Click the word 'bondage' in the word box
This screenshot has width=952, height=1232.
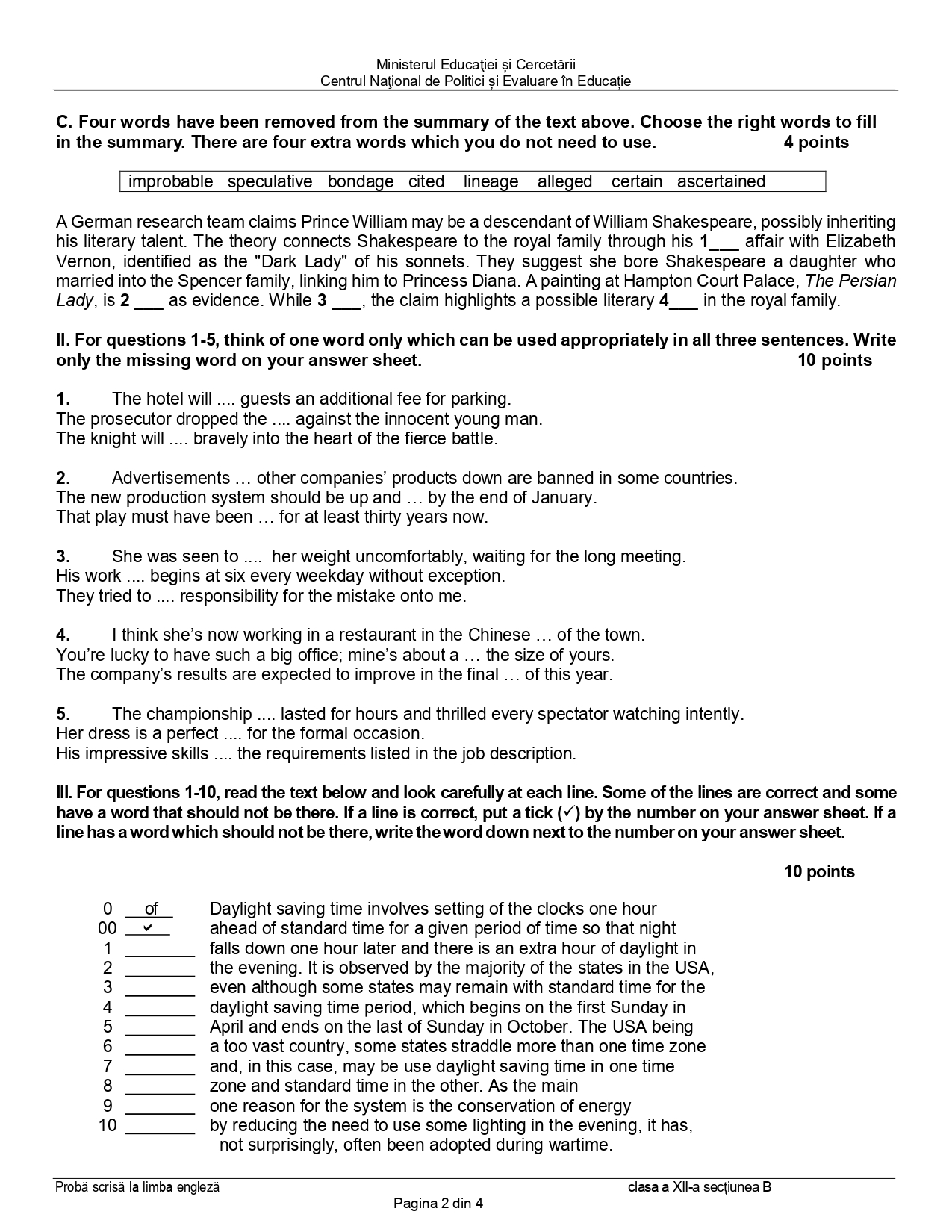(360, 181)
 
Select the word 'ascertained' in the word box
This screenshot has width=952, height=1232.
(721, 181)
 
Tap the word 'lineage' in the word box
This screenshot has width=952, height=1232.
(491, 181)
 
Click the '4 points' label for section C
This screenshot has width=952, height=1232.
(816, 142)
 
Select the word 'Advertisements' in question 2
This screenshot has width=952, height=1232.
(171, 478)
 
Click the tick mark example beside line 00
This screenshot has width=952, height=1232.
(148, 928)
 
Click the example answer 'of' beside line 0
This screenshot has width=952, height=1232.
(151, 909)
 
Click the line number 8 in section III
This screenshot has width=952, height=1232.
(108, 1086)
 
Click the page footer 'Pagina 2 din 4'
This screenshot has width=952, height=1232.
(438, 1203)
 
